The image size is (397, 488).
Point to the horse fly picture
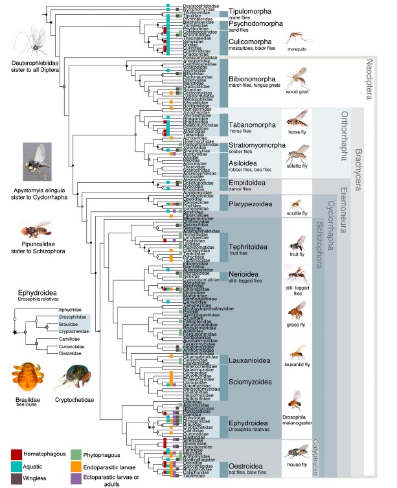point(297,118)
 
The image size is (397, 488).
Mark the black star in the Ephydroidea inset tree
point(15,331)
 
